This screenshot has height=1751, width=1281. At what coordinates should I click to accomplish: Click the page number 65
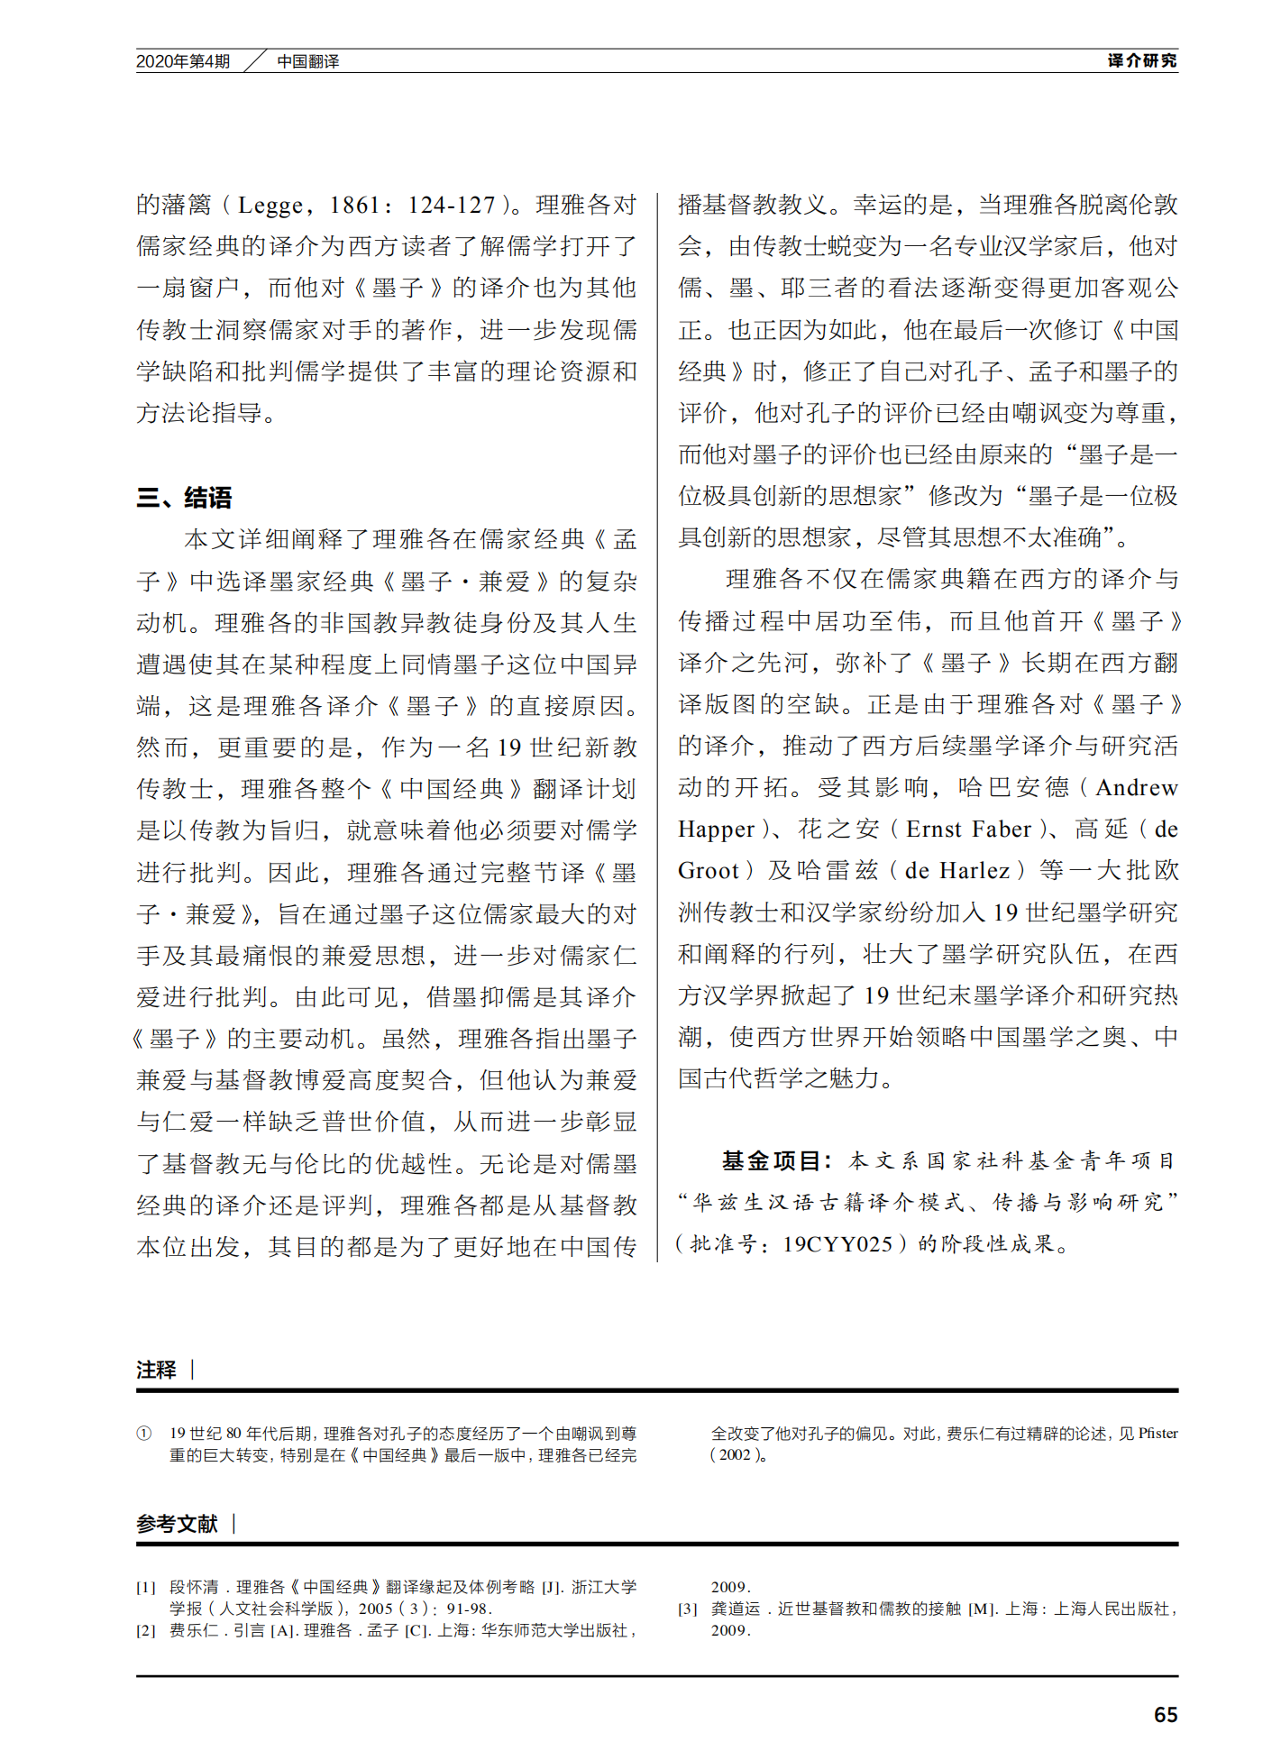pos(1165,1714)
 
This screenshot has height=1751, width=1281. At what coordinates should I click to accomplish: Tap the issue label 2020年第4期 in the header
pos(183,61)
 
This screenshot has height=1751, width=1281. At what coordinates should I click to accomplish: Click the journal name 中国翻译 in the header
pos(307,61)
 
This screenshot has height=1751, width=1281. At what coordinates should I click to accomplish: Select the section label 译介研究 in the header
pos(1141,60)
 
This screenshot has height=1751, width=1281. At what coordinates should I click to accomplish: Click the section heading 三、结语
pos(184,498)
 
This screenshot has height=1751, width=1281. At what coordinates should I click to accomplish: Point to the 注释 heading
pos(156,1370)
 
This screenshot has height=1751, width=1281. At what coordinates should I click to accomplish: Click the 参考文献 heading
pos(177,1524)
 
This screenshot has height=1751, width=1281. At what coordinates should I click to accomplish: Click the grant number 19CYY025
pos(837,1244)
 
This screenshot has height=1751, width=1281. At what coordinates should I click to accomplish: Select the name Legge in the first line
pos(270,206)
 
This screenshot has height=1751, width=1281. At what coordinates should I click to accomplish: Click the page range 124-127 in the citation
pos(451,206)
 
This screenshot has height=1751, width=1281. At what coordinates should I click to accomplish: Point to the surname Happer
pos(716,830)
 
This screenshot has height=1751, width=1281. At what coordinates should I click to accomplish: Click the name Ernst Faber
pos(968,830)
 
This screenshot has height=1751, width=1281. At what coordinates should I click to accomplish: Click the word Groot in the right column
pos(708,871)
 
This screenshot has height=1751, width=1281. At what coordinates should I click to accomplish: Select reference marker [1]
pos(146,1587)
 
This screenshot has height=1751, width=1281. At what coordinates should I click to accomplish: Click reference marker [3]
pos(688,1609)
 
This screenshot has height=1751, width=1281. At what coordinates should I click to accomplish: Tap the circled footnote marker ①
pos(144,1434)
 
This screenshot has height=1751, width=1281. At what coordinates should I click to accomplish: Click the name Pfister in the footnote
pos(1157,1434)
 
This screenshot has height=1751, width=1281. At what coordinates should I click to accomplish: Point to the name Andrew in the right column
pos(1136,788)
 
